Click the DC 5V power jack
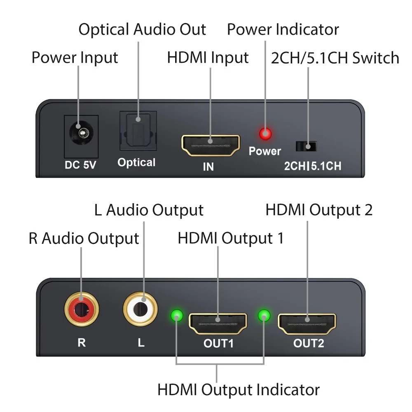81,133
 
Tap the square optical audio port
138,131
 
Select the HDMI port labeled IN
211,145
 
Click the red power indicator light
265,134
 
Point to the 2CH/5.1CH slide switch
306,146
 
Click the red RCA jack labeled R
82,309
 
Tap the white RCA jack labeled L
140,309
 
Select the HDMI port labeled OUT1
218,323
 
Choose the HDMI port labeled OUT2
307,324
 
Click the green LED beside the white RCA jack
177,315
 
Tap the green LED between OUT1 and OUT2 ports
264,315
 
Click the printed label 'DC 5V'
80,165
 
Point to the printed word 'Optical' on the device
136,163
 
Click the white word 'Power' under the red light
265,151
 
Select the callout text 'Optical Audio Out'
142,29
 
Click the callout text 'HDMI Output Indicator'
238,389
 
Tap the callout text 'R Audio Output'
84,238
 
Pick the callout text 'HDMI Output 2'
319,210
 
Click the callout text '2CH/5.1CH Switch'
335,58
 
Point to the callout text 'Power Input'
75,58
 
